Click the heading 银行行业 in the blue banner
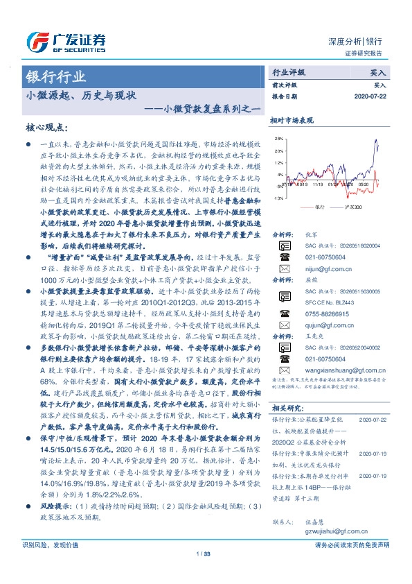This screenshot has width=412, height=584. pyautogui.click(x=56, y=76)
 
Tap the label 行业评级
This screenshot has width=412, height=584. pyautogui.click(x=289, y=71)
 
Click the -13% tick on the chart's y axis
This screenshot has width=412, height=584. pyautogui.click(x=278, y=198)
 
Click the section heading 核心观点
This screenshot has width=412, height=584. pyautogui.click(x=47, y=127)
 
